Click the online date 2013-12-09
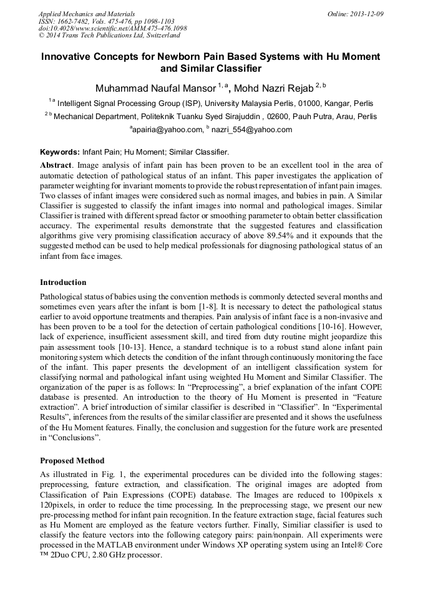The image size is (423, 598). (x=366, y=13)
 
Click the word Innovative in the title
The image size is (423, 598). (x=68, y=57)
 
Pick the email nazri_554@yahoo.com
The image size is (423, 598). (x=252, y=130)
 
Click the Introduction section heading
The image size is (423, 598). (x=63, y=282)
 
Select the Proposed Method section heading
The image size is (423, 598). (x=72, y=461)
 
